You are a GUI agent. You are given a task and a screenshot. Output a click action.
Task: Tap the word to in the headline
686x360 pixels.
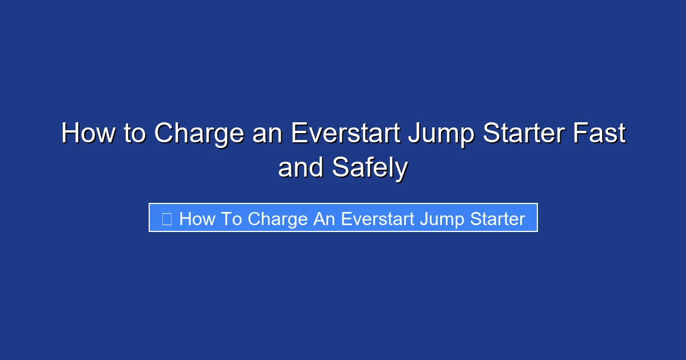133,134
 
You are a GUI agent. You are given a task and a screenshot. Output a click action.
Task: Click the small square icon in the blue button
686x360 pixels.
167,218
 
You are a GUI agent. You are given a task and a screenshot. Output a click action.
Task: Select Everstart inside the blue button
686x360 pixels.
377,219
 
